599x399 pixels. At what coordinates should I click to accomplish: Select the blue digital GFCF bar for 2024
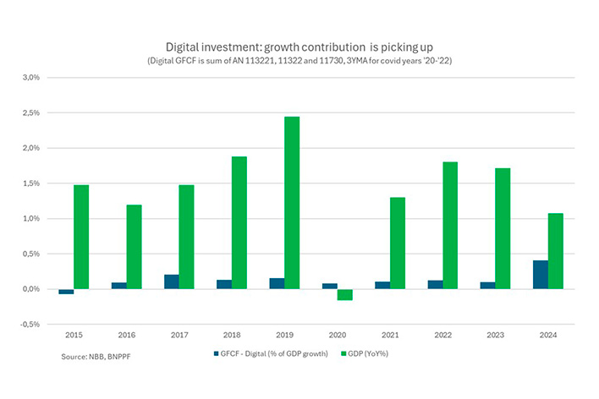coord(540,275)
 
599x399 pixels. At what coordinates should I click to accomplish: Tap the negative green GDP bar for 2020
coord(344,295)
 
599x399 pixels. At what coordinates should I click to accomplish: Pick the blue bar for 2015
coord(66,292)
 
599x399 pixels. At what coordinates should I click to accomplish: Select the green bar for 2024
coord(555,251)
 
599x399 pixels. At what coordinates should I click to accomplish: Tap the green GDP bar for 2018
coord(239,223)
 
